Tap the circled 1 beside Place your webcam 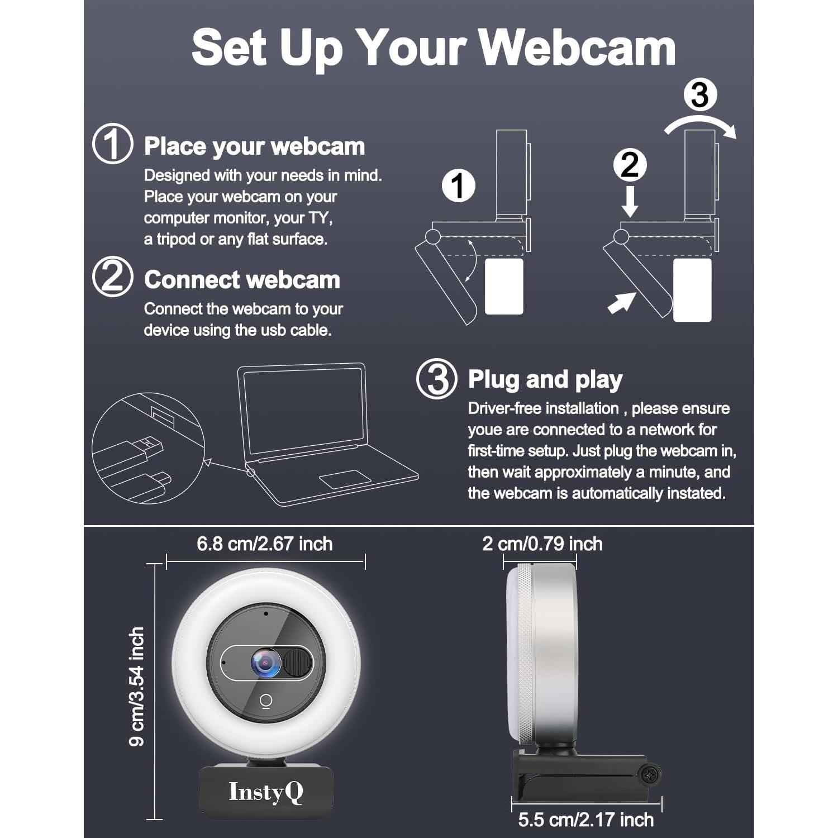pyautogui.click(x=112, y=144)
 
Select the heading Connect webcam pyautogui.click(x=242, y=280)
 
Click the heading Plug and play pyautogui.click(x=545, y=379)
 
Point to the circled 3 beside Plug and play pyautogui.click(x=436, y=379)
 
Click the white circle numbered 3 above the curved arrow pyautogui.click(x=700, y=95)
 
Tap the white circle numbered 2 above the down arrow pyautogui.click(x=630, y=165)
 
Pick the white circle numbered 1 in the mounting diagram pyautogui.click(x=458, y=186)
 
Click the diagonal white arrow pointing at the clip pyautogui.click(x=621, y=303)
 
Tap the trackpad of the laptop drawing pyautogui.click(x=345, y=479)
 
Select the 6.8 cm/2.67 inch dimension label pyautogui.click(x=264, y=544)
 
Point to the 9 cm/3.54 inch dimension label pyautogui.click(x=137, y=687)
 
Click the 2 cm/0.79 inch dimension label pyautogui.click(x=542, y=544)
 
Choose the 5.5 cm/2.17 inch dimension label pyautogui.click(x=585, y=820)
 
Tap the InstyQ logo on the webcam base pyautogui.click(x=266, y=792)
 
